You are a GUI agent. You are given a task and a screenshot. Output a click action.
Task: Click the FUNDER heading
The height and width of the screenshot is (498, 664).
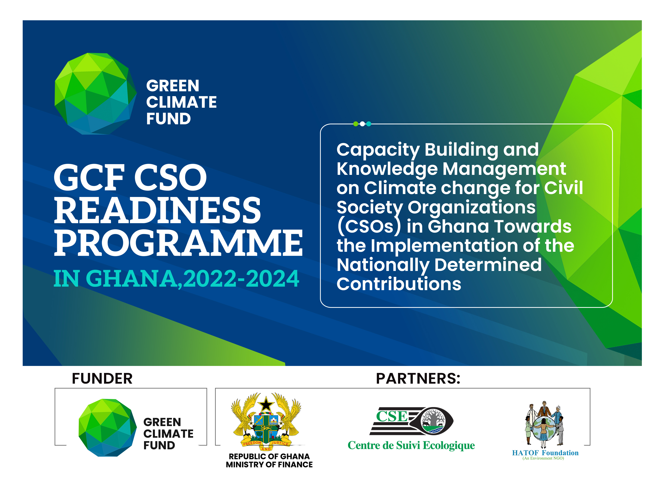[x=102, y=378]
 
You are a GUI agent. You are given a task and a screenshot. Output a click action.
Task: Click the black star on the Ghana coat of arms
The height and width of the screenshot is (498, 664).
[x=266, y=404]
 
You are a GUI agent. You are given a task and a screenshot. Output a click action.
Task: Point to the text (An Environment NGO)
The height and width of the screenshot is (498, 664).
[x=543, y=458]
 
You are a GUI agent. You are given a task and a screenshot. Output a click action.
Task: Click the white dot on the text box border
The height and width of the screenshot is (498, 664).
[x=362, y=124]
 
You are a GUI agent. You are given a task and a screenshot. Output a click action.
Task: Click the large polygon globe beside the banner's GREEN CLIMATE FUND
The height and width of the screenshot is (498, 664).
[x=96, y=94]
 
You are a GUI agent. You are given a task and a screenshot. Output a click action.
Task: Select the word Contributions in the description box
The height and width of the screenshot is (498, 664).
[x=399, y=284]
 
